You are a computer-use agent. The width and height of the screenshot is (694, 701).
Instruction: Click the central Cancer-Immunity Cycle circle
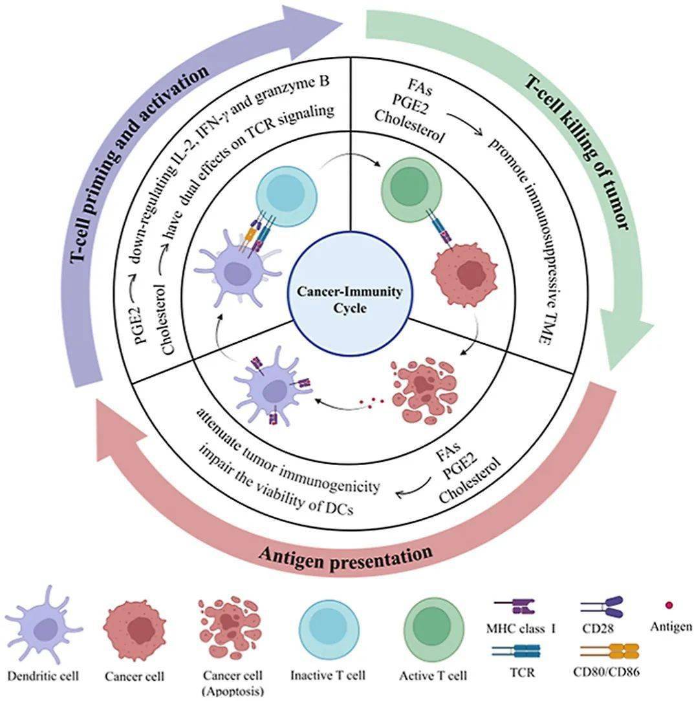[349, 299]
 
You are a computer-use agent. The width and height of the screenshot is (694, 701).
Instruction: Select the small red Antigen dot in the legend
[669, 605]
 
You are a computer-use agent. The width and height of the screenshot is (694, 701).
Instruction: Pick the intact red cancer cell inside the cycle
[464, 271]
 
